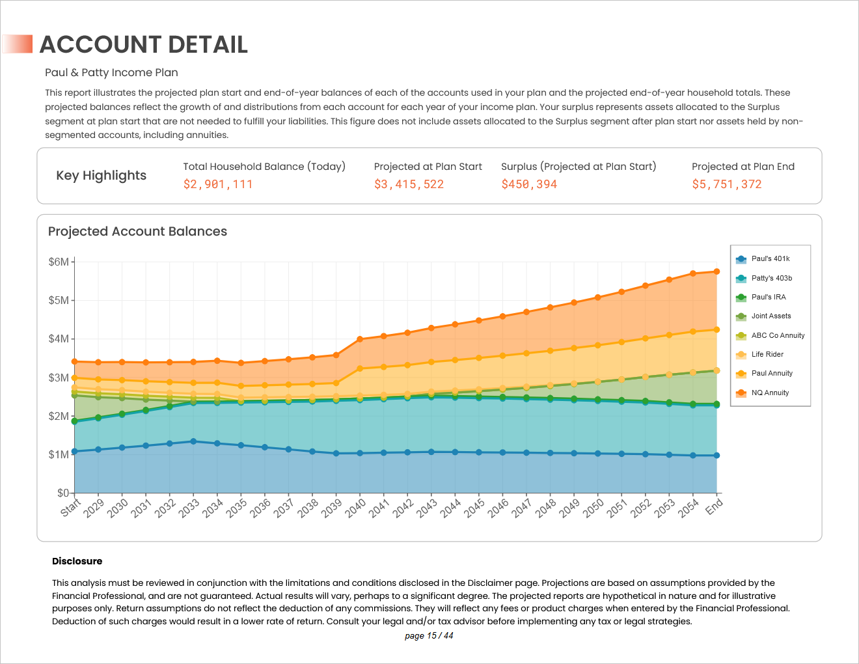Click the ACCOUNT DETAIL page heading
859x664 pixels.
[144, 44]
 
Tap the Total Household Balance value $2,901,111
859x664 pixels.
[217, 184]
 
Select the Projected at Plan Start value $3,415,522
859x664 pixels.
[409, 184]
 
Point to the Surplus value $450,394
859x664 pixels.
[529, 184]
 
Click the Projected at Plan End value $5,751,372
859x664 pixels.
[726, 184]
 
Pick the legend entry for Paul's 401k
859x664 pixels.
[770, 259]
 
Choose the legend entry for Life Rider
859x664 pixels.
[767, 355]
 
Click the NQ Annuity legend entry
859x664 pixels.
[770, 393]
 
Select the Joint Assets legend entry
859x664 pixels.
[770, 316]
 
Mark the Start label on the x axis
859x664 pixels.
[70, 506]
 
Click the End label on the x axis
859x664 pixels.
[715, 506]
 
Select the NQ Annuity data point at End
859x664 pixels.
[716, 271]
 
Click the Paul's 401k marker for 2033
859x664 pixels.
[193, 441]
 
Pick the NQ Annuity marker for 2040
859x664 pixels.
[360, 339]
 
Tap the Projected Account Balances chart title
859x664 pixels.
[137, 232]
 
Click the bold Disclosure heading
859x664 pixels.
[77, 561]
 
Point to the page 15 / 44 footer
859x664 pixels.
[429, 636]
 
